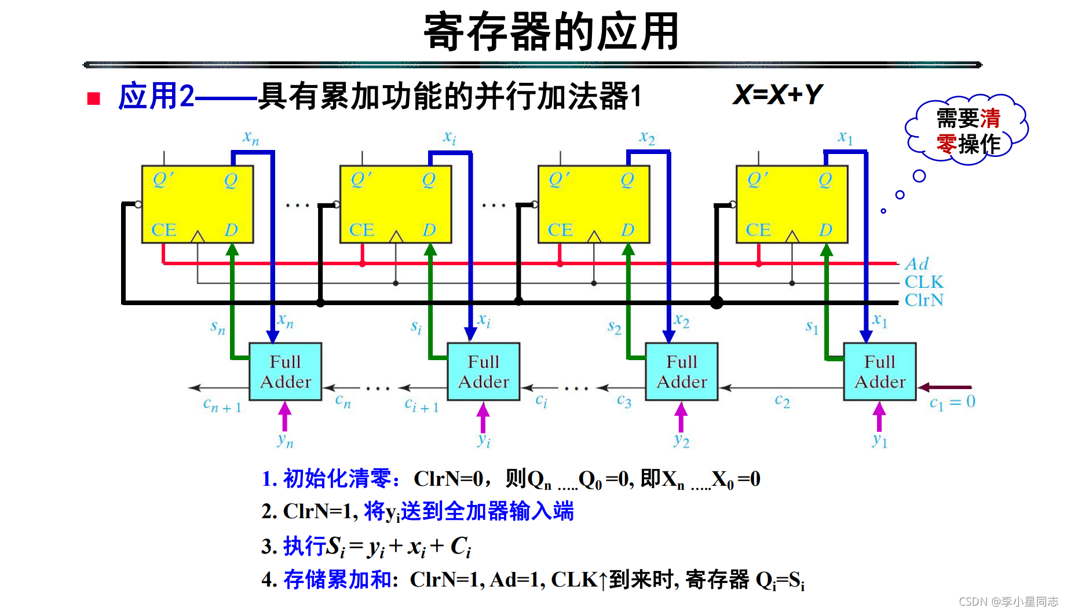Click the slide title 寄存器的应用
click(x=551, y=32)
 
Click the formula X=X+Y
click(x=777, y=94)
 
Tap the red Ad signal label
click(x=917, y=264)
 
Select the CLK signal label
click(x=924, y=282)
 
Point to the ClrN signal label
click(x=924, y=300)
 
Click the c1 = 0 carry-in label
click(x=952, y=402)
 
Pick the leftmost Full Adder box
click(x=285, y=372)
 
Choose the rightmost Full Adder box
click(x=879, y=372)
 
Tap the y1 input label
click(x=879, y=441)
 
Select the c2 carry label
click(x=782, y=401)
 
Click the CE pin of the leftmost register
click(x=163, y=230)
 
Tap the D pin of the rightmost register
click(x=825, y=230)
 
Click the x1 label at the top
click(x=845, y=138)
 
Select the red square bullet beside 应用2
click(x=94, y=98)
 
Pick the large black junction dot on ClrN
click(x=717, y=302)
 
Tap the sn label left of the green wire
click(x=218, y=328)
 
